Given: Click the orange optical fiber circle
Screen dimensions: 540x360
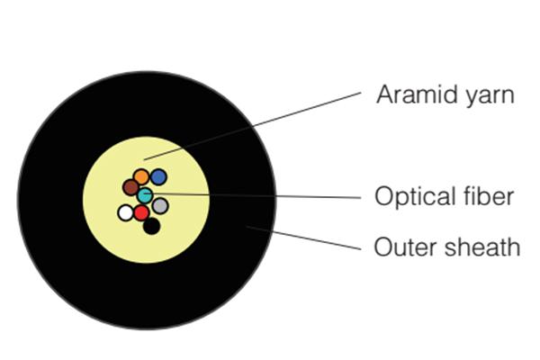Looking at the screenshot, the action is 141,176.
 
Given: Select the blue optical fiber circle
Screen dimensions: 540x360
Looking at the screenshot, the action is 158,176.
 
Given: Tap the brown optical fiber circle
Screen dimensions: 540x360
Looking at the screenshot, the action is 130,187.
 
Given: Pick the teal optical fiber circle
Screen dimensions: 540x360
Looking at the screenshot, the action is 145,195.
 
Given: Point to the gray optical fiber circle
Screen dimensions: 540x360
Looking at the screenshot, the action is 160,206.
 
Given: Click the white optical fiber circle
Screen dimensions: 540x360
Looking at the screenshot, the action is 126,212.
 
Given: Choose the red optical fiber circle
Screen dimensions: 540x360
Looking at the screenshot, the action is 141,212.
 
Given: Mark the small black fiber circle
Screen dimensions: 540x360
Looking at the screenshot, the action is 151,226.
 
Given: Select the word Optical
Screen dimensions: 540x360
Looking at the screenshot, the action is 413,197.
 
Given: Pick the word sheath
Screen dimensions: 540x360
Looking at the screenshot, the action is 482,247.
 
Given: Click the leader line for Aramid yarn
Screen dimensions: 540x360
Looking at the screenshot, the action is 252,126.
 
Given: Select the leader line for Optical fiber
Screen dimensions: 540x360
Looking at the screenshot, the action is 252,195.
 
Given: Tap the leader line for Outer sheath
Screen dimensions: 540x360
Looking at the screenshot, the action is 304,238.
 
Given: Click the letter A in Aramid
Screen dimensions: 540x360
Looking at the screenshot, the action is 384,94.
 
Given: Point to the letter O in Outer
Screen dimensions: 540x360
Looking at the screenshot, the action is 383,247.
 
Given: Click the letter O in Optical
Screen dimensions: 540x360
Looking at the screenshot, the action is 383,196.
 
